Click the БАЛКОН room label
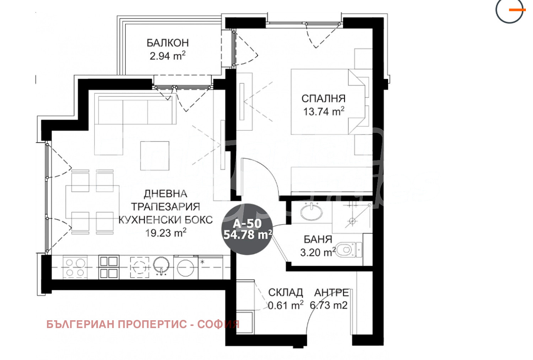(x=167, y=43)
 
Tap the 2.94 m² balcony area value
(x=167, y=56)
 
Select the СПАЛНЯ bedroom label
(x=323, y=98)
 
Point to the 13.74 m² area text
(x=323, y=111)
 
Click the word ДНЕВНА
(x=165, y=193)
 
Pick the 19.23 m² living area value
(x=166, y=233)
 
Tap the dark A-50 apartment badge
(x=247, y=229)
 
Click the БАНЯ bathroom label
(x=318, y=239)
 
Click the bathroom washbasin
(x=311, y=212)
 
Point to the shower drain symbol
(x=352, y=221)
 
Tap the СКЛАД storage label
(x=285, y=293)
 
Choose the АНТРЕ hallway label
(x=331, y=293)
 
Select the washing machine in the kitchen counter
(x=185, y=267)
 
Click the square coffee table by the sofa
(x=154, y=156)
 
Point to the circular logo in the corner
(x=510, y=11)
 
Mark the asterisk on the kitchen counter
(x=203, y=262)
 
